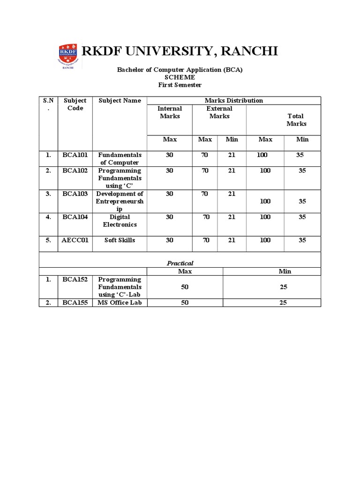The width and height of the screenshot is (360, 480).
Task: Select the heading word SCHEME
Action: [x=180, y=77]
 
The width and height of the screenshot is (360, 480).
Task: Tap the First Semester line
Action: [x=180, y=84]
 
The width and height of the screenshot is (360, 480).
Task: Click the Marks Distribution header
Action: [x=234, y=100]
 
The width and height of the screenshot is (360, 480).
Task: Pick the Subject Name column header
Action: [x=120, y=100]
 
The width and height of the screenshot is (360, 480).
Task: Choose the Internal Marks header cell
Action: [x=170, y=112]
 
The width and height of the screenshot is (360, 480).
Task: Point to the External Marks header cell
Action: [x=219, y=112]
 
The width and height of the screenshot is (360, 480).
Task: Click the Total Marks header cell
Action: [x=296, y=120]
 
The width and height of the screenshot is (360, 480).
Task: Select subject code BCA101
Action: [x=75, y=155]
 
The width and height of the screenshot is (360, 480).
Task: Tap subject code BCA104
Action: [x=75, y=217]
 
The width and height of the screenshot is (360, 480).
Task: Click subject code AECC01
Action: [x=75, y=240]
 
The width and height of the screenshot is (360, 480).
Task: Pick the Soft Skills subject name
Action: [x=120, y=240]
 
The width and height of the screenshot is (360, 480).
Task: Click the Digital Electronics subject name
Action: [x=120, y=221]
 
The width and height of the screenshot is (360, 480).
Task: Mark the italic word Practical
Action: [x=180, y=263]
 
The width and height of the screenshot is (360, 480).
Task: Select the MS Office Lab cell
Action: [x=120, y=302]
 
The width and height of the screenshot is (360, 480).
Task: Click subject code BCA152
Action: [x=75, y=279]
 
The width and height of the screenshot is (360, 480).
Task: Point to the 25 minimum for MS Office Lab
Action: [x=283, y=302]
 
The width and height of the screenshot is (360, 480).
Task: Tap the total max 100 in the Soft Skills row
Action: [x=265, y=240]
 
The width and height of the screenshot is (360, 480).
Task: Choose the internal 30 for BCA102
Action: [x=169, y=171]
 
